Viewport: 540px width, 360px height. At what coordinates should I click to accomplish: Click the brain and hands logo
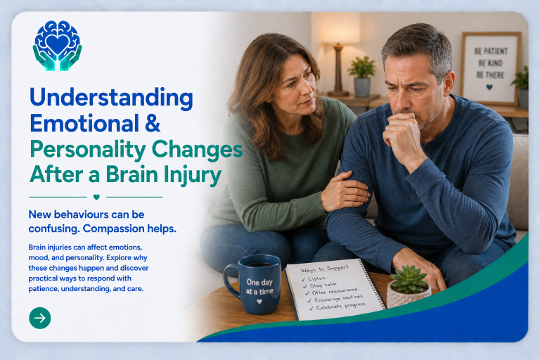pos(58,46)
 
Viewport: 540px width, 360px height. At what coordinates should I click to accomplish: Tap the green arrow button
pos(40,318)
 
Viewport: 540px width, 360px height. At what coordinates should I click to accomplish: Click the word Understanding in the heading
pos(111,98)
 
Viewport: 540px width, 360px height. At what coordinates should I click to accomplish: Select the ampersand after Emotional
pos(153,123)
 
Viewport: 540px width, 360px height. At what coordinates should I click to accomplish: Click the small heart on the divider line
pos(96,197)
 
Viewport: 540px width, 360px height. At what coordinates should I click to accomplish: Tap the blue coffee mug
pos(253,284)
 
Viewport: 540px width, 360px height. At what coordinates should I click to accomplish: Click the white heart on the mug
pos(259,302)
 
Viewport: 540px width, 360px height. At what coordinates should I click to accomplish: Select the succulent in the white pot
pos(409,288)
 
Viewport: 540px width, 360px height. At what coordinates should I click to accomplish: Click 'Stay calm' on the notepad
pos(323,285)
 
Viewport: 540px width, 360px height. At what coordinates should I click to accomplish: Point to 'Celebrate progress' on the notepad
pos(340,306)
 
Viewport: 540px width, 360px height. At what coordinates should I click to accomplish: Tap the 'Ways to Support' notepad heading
pos(324,269)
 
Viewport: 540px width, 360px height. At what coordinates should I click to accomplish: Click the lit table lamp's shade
pos(340,28)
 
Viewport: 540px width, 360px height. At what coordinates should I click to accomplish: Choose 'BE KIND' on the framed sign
pos(490,63)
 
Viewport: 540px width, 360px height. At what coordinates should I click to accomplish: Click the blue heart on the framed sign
pos(489,87)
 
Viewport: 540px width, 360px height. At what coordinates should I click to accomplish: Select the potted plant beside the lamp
pos(362,76)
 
